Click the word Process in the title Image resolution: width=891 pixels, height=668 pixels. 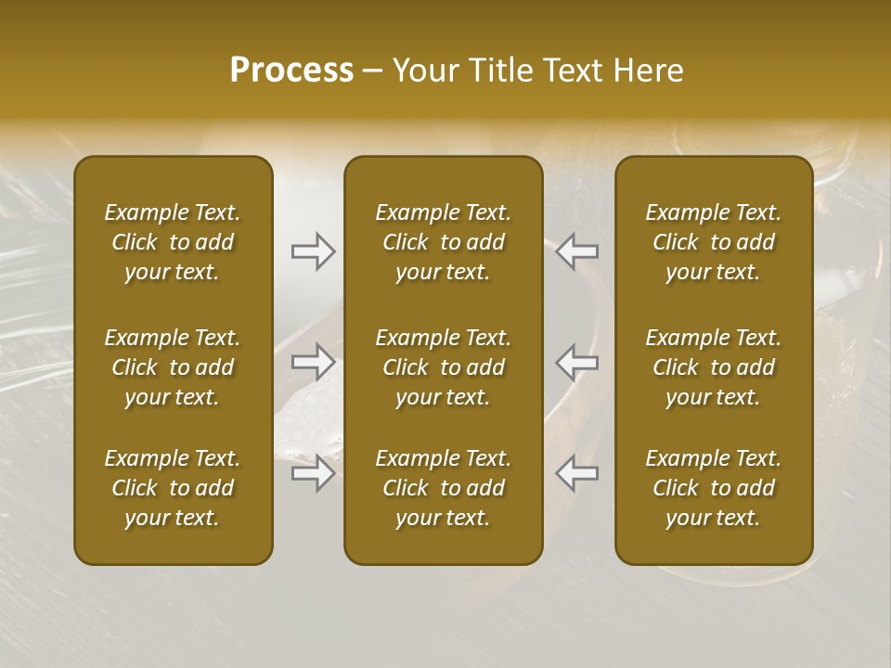(x=291, y=71)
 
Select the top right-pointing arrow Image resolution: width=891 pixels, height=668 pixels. (x=313, y=251)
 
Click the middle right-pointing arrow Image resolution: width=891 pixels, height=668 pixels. (x=313, y=362)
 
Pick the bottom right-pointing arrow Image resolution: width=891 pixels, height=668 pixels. (x=313, y=473)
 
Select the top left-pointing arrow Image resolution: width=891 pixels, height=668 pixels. (x=577, y=251)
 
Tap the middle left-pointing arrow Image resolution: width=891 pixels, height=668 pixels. (x=577, y=362)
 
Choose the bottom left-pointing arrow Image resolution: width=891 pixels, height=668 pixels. (x=577, y=473)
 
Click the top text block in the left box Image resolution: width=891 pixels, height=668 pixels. (x=173, y=242)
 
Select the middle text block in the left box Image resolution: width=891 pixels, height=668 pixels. (x=173, y=367)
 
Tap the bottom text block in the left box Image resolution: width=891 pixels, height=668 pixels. (x=173, y=488)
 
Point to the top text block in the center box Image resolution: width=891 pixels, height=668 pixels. (x=444, y=242)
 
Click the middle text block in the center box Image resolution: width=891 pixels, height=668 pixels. (x=444, y=367)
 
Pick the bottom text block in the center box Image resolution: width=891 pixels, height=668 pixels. (x=444, y=488)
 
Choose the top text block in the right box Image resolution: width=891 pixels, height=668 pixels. (x=714, y=242)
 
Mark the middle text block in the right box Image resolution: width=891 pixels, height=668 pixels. (x=714, y=367)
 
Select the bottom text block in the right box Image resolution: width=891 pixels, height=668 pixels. (x=714, y=488)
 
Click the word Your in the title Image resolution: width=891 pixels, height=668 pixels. (x=423, y=71)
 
